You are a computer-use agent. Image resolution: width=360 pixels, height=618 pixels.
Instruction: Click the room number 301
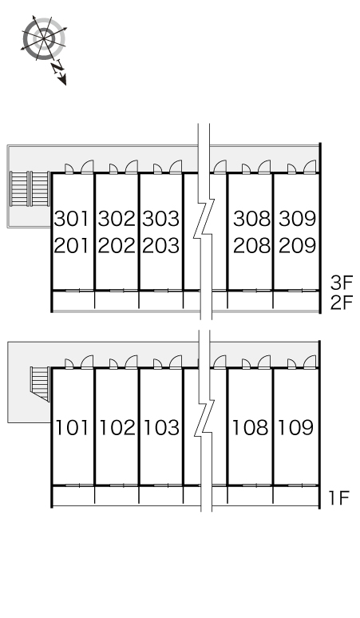click(72, 219)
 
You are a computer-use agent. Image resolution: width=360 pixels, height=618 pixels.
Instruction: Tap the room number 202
click(117, 246)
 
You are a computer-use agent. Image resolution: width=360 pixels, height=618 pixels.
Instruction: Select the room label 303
click(160, 219)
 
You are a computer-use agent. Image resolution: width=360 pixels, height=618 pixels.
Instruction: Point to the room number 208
click(251, 246)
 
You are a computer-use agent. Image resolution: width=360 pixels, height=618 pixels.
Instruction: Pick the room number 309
click(298, 219)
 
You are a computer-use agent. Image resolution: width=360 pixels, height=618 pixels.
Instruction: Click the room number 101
click(72, 428)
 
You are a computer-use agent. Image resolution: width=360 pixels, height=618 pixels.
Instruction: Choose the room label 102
click(117, 428)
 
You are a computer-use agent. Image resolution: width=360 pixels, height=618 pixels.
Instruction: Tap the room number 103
click(161, 428)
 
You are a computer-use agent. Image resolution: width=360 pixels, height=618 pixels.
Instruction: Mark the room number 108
click(251, 428)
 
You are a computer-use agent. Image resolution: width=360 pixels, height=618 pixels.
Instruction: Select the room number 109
click(296, 428)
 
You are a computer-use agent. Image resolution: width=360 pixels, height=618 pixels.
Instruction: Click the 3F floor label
click(342, 282)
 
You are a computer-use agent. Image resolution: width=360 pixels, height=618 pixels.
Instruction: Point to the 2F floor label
click(342, 303)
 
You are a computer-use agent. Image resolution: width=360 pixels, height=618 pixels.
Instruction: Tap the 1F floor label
click(339, 498)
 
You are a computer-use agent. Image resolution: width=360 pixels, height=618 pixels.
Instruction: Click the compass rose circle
click(44, 38)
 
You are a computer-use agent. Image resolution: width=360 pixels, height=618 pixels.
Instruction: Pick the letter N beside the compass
click(58, 68)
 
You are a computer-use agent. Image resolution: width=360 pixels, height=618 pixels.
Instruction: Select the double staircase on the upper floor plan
click(30, 188)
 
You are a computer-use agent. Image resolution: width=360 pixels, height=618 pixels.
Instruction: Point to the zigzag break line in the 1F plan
click(204, 421)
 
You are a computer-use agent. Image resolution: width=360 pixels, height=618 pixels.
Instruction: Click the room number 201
click(72, 246)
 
